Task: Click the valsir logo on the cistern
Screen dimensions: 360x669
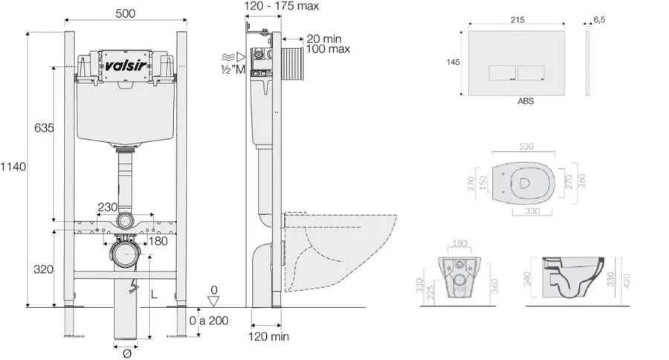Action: (x=124, y=65)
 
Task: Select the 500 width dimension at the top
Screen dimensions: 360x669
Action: (x=124, y=13)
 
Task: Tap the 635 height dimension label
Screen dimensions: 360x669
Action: (x=44, y=128)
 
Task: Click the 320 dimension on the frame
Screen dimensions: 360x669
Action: (x=44, y=269)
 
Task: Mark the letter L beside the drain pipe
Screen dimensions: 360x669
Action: (x=154, y=295)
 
